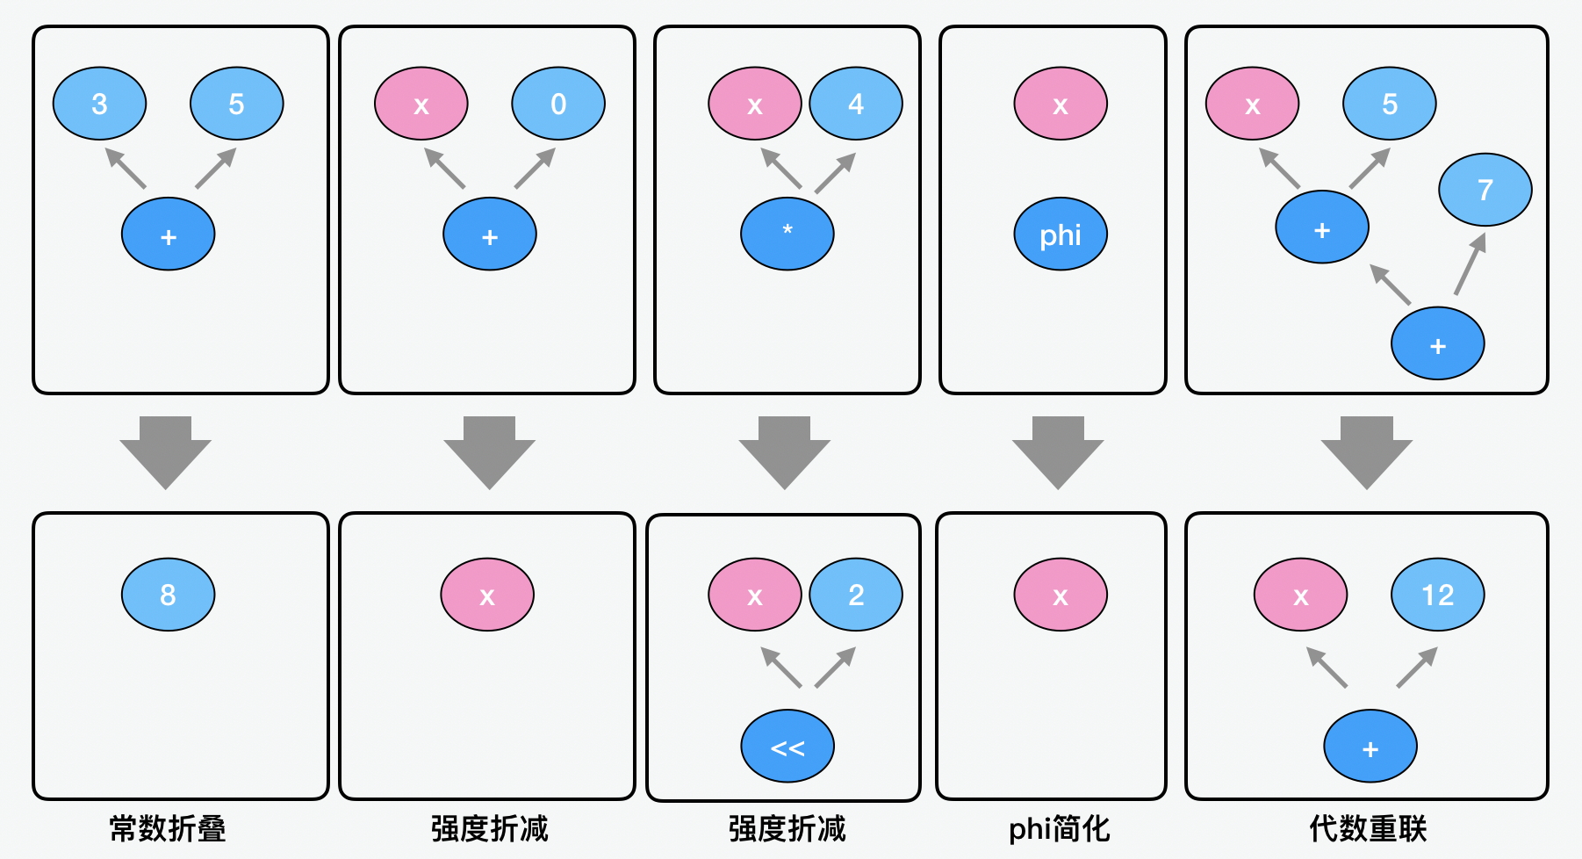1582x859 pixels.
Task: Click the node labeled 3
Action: coord(99,104)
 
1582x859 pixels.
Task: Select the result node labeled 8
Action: coord(168,595)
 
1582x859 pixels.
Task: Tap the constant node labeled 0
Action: coord(558,104)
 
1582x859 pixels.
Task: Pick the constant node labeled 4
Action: coord(856,104)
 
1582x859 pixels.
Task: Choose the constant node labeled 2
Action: coord(856,595)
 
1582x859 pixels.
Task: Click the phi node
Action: coord(1061,235)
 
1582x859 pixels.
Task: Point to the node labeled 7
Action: coord(1485,190)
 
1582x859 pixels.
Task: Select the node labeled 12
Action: coord(1438,595)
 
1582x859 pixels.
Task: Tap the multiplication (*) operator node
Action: coord(787,234)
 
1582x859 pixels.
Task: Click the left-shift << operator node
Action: coord(787,747)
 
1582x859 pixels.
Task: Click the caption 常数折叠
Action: coord(168,828)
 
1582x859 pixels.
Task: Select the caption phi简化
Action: coord(1060,828)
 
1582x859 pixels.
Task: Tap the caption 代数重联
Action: coord(1368,828)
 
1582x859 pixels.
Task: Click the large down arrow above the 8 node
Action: coord(166,452)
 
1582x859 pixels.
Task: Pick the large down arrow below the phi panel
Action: coord(1058,452)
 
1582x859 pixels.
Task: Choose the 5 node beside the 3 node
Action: coord(237,104)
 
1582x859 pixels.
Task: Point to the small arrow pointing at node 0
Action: coord(535,168)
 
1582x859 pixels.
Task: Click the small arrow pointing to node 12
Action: coord(1417,668)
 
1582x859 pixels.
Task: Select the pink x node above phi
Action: coord(1061,104)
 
